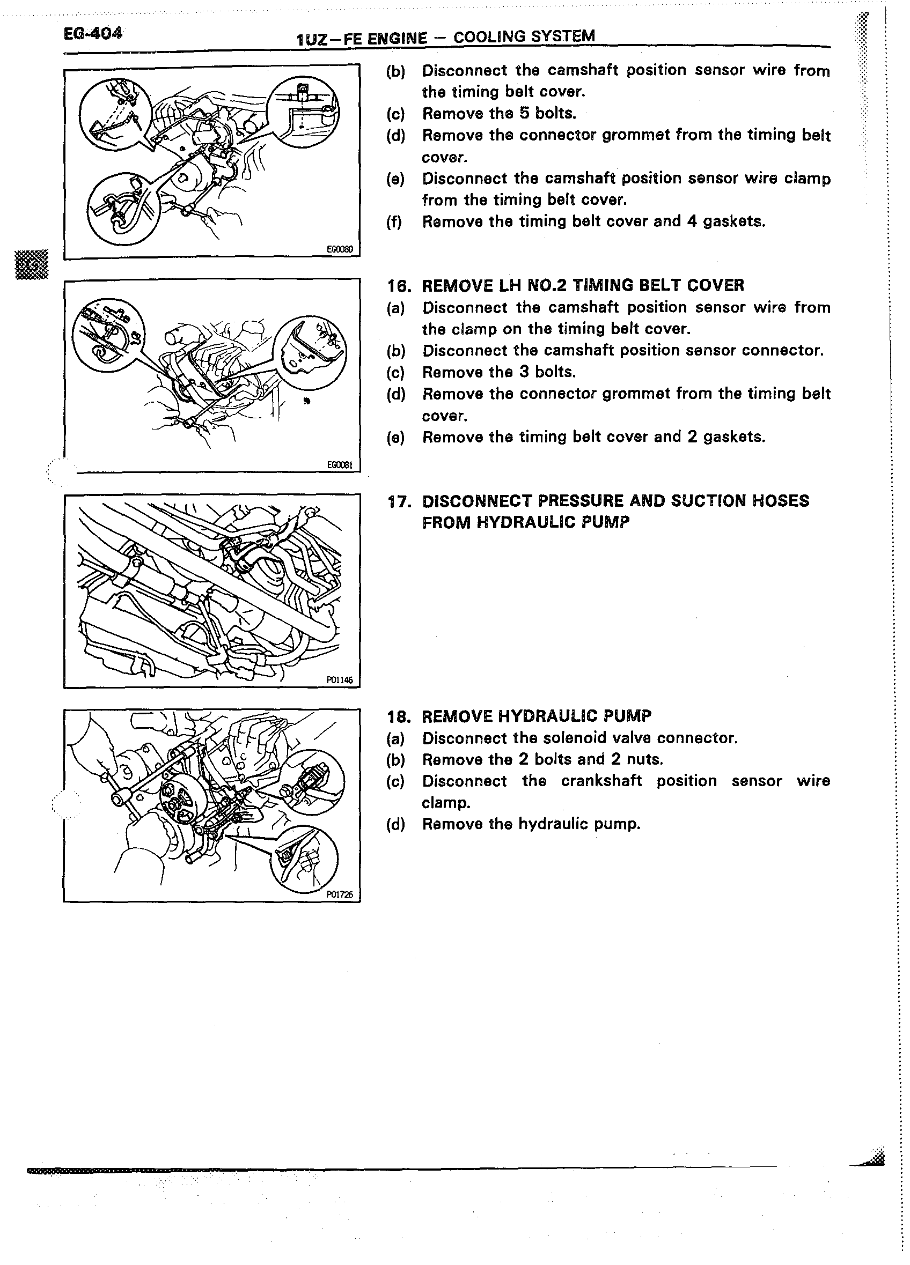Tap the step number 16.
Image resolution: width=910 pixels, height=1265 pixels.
tap(398, 286)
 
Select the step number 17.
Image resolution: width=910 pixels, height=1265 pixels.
tap(398, 501)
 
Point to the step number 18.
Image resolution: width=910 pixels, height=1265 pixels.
tap(398, 716)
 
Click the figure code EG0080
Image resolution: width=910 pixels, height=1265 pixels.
tap(340, 249)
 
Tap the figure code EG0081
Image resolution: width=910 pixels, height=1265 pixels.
tap(340, 465)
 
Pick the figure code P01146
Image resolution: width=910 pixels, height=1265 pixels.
tap(340, 680)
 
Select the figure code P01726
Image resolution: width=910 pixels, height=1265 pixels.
tap(340, 894)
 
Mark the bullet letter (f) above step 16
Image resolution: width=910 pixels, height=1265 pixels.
tap(394, 222)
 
